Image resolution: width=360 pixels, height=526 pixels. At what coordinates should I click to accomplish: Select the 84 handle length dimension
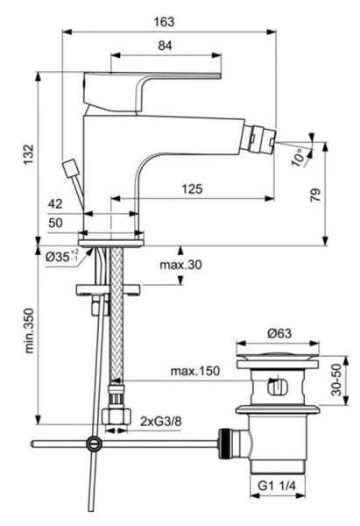(164, 46)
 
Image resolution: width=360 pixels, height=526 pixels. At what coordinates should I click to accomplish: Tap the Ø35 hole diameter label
(60, 257)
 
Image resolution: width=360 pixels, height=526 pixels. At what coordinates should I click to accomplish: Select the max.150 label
(194, 371)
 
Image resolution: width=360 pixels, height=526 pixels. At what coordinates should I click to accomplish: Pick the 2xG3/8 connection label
(159, 423)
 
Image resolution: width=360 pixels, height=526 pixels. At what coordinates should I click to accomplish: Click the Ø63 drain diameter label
(279, 333)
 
